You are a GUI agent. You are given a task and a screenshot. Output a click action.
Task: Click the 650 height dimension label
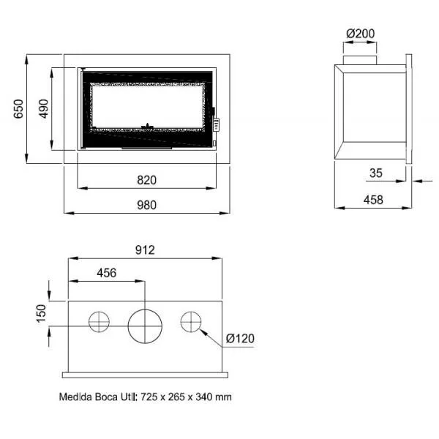click(18, 108)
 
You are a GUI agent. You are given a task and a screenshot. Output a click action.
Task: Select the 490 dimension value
click(43, 108)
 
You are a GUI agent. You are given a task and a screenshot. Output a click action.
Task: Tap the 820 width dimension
click(147, 180)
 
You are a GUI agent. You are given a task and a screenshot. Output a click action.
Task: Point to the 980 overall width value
click(147, 205)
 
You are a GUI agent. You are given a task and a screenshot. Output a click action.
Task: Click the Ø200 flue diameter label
click(360, 34)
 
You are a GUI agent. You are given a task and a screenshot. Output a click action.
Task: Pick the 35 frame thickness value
click(376, 173)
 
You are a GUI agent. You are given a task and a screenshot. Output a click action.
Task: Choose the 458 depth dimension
click(373, 200)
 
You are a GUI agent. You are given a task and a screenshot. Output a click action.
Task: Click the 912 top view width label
click(145, 249)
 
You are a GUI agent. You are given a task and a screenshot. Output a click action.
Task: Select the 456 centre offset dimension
click(107, 273)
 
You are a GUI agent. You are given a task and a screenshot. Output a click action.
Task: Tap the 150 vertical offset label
click(41, 314)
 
